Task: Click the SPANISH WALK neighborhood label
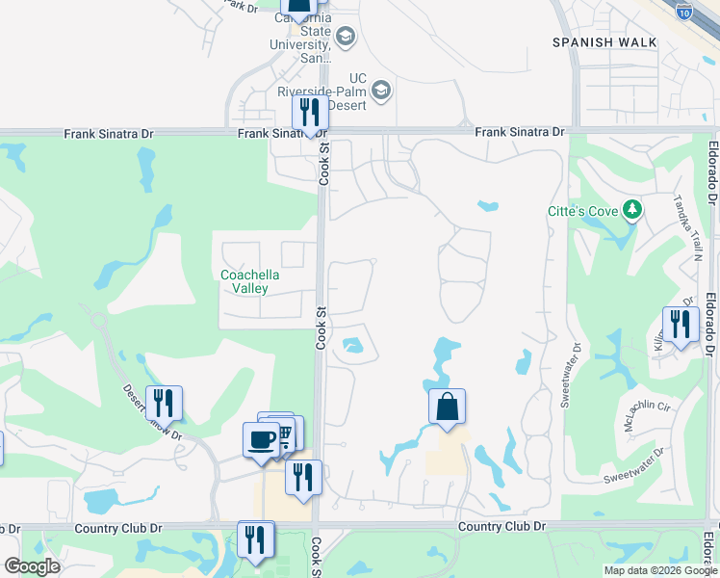click(604, 42)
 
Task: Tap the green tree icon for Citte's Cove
click(632, 208)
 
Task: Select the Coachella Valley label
click(250, 281)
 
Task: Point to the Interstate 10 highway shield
click(683, 12)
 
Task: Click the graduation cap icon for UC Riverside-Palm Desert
click(381, 92)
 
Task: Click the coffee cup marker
click(261, 440)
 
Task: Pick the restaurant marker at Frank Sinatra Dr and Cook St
click(310, 113)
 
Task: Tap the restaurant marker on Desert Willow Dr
click(164, 403)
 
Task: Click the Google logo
click(32, 566)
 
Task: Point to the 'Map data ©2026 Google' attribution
click(660, 570)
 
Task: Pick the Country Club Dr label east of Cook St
click(501, 526)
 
